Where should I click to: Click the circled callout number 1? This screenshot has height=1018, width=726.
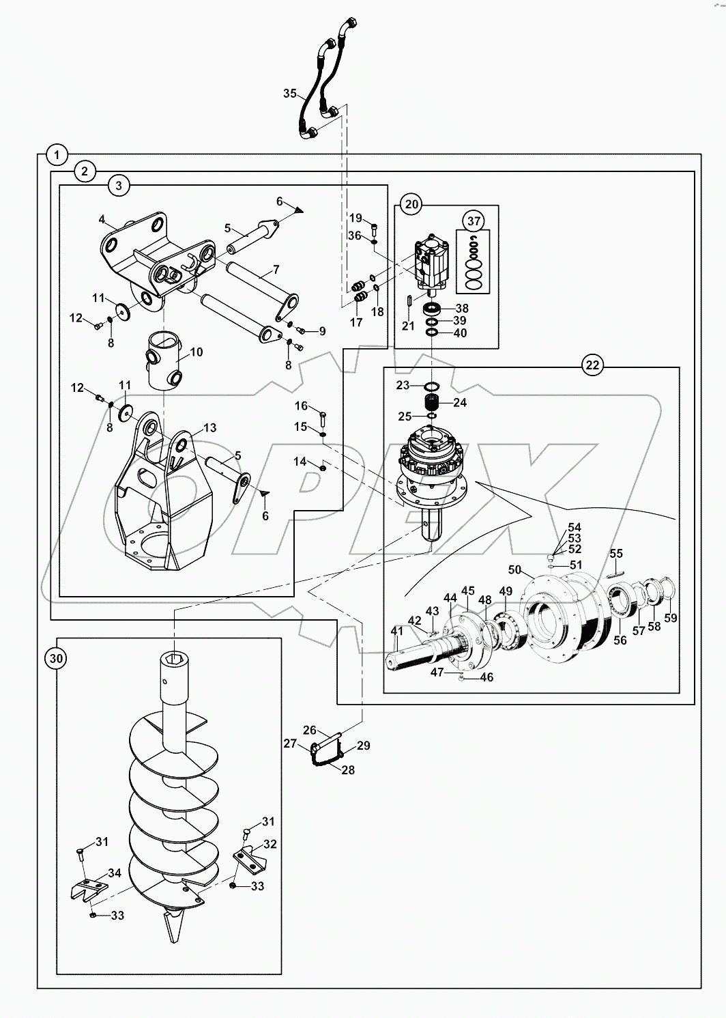(58, 154)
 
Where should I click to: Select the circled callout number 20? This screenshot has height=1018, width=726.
(411, 203)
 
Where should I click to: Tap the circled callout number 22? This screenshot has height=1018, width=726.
(592, 365)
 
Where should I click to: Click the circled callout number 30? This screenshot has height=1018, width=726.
(57, 658)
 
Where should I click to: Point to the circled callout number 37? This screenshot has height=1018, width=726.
(474, 221)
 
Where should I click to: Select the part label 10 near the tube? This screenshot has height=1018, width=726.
(197, 352)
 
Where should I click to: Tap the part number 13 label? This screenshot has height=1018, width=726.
(209, 428)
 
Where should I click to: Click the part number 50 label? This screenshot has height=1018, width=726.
(514, 569)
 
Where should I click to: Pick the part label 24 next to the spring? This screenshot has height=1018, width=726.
(460, 403)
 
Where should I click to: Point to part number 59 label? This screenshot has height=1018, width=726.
(671, 618)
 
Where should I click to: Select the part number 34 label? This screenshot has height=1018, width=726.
(114, 873)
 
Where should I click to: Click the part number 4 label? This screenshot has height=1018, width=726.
(102, 220)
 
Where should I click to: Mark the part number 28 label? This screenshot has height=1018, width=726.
(348, 769)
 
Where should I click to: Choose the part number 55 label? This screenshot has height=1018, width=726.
(616, 553)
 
